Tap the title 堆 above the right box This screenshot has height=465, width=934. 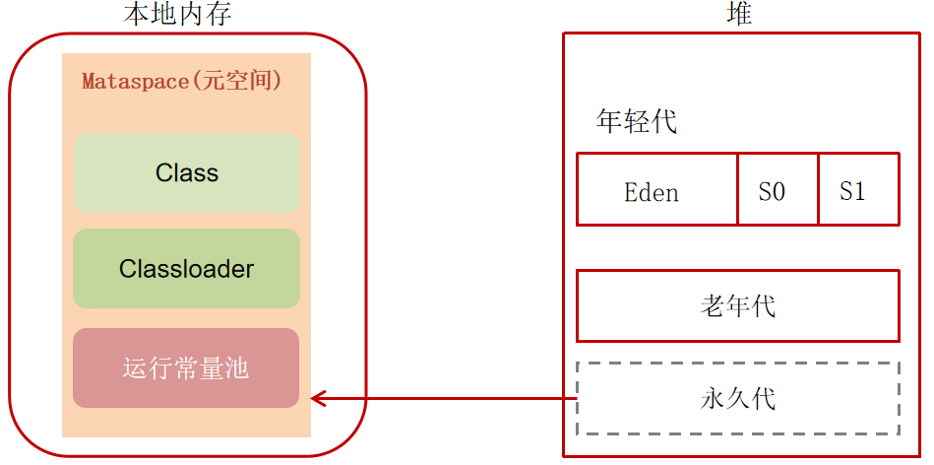pyautogui.click(x=739, y=14)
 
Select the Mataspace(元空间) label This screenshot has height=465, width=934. pyautogui.click(x=182, y=81)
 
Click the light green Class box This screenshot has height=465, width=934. pyautogui.click(x=186, y=173)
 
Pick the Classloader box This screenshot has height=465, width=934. pyautogui.click(x=186, y=268)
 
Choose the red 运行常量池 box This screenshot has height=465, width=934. pyautogui.click(x=186, y=367)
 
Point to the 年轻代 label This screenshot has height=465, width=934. pyautogui.click(x=637, y=122)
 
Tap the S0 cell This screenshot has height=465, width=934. pyautogui.click(x=778, y=190)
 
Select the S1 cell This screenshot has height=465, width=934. pyautogui.click(x=857, y=190)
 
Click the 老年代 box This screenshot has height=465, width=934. pyautogui.click(x=737, y=306)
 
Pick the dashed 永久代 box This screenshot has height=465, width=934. pyautogui.click(x=737, y=398)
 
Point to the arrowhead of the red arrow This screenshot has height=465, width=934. pyautogui.click(x=318, y=398)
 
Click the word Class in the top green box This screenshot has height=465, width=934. pyautogui.click(x=186, y=173)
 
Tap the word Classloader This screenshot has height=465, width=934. pyautogui.click(x=186, y=268)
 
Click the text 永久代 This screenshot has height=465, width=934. pyautogui.click(x=737, y=398)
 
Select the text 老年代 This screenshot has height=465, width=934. pyautogui.click(x=737, y=306)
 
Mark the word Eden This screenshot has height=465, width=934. pyautogui.click(x=652, y=191)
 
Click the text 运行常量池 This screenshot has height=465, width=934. pyautogui.click(x=186, y=368)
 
